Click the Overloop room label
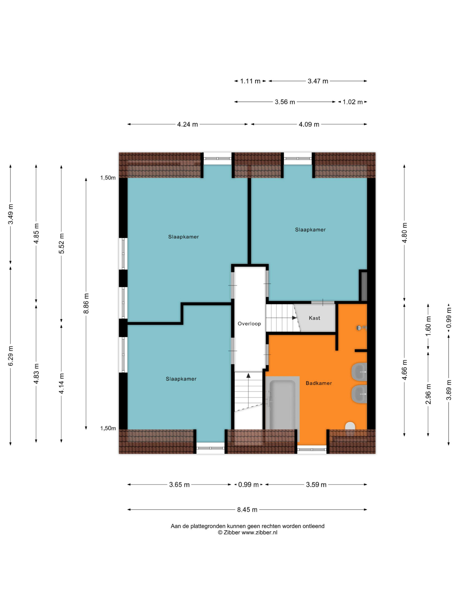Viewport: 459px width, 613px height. [x=249, y=323]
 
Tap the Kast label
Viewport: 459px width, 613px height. [x=314, y=318]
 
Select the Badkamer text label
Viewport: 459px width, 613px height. [x=319, y=383]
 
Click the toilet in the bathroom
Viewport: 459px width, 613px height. [x=350, y=427]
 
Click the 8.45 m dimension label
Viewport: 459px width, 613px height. [x=247, y=510]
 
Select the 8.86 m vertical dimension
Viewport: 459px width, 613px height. [x=86, y=303]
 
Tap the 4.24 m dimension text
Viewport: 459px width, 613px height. [x=187, y=124]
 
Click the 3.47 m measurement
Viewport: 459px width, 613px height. [x=318, y=81]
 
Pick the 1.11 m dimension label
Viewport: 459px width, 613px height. [x=250, y=81]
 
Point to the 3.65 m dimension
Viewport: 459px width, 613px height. [x=179, y=485]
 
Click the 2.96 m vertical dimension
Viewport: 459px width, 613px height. [x=428, y=394]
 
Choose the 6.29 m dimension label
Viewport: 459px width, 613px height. [x=11, y=356]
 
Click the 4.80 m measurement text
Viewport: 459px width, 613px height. [x=405, y=233]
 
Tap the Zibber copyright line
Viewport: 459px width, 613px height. [x=247, y=532]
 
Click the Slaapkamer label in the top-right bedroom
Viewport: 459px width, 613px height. [x=310, y=230]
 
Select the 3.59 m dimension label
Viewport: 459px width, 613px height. [x=316, y=485]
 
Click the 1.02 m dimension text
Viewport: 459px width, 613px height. [x=352, y=102]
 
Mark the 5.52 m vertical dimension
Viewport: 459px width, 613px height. [x=62, y=244]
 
